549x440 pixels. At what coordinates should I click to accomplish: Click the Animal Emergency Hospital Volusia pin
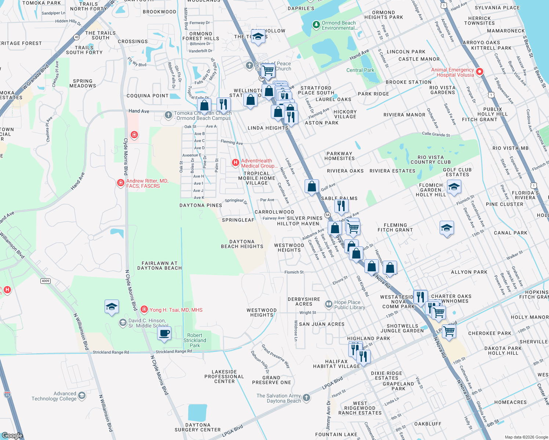coord(479,71)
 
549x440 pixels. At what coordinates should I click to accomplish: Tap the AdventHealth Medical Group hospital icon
coord(236,162)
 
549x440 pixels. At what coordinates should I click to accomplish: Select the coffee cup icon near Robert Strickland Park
coord(164,334)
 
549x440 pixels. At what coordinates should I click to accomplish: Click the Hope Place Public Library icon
coord(329,304)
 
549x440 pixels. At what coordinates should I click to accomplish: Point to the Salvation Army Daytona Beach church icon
coord(306,398)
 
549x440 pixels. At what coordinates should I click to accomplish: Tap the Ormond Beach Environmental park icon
coord(316,25)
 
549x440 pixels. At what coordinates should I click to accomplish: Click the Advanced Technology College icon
coord(82,395)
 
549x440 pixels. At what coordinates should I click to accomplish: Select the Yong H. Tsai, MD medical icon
coord(144,310)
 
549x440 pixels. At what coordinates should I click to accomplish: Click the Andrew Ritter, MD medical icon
coord(120,183)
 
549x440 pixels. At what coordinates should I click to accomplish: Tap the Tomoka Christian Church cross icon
coord(168,115)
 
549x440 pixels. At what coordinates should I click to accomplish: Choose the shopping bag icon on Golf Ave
coord(312,186)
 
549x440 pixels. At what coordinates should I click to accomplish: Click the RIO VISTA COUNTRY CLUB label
coord(430,159)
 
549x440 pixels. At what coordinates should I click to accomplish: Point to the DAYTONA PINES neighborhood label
coord(201,205)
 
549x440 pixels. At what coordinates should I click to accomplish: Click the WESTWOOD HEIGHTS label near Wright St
coord(262,312)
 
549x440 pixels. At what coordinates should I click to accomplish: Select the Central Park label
coord(360,70)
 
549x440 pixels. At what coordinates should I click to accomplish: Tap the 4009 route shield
coord(45,281)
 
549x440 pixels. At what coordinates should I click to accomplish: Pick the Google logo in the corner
coord(12,435)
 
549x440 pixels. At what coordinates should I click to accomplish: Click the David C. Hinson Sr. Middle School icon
coord(123,323)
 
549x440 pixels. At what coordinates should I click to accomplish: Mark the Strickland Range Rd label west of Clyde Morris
coord(111,352)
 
